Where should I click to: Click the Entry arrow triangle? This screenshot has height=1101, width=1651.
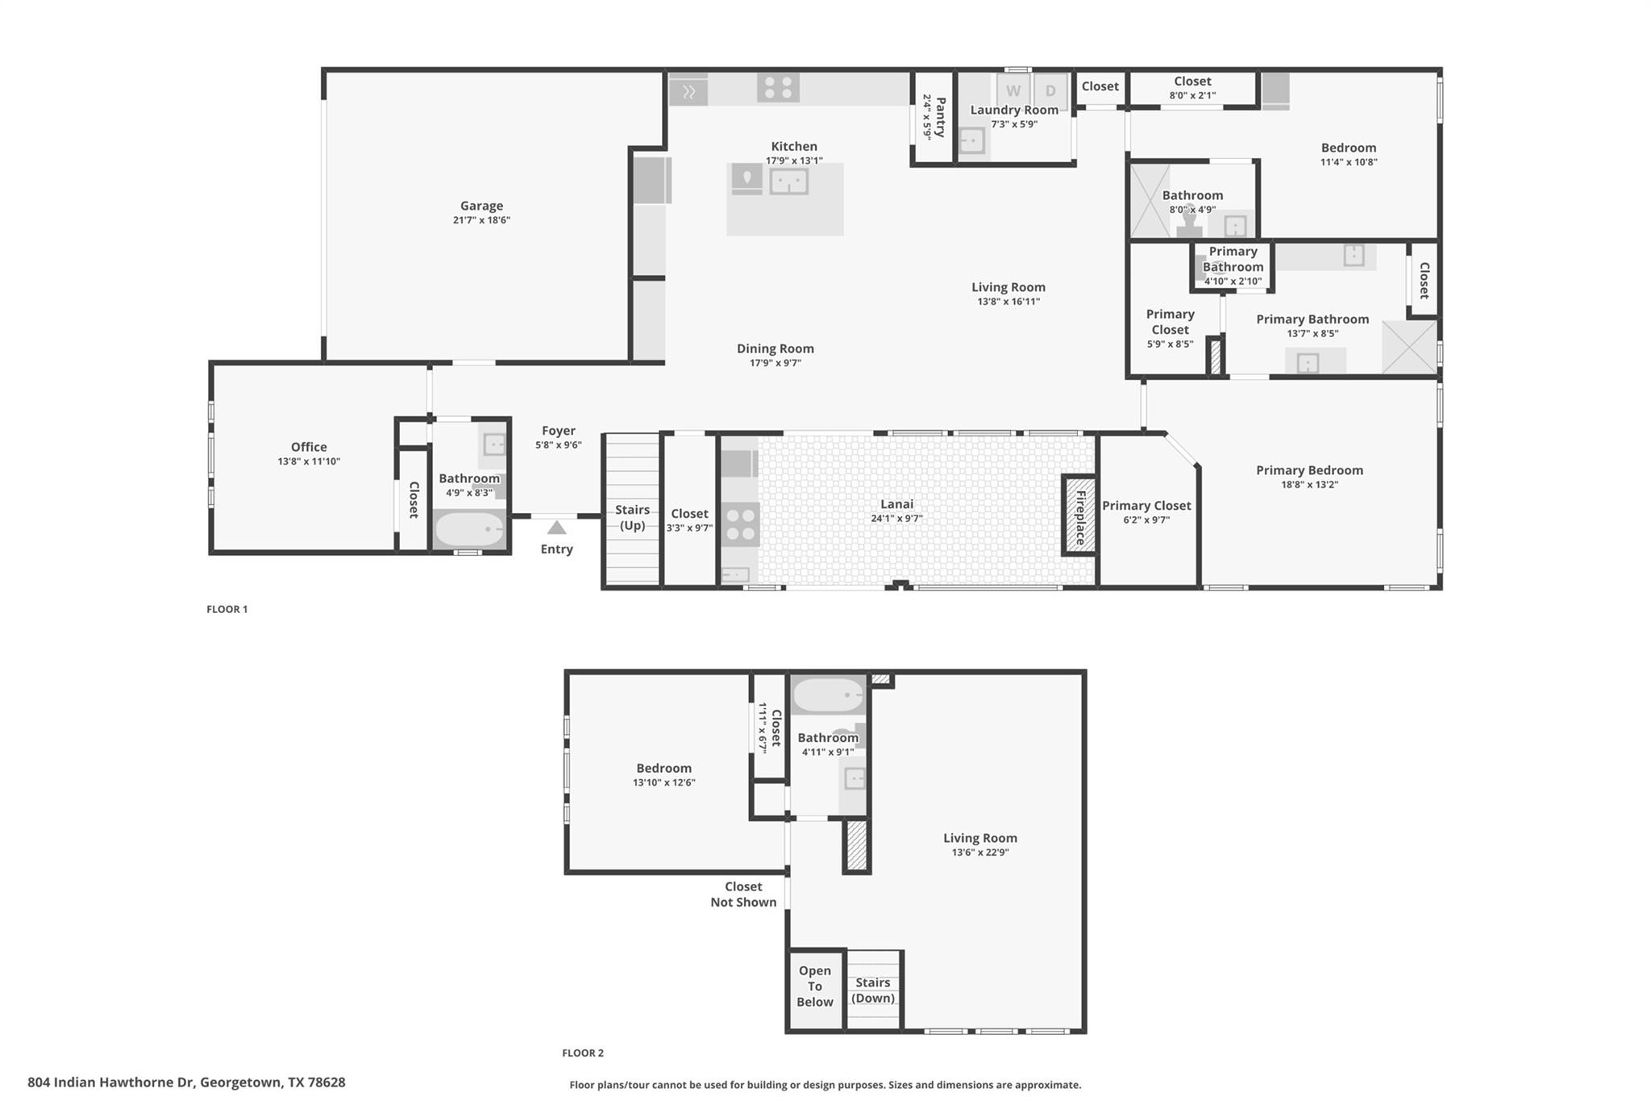click(x=556, y=528)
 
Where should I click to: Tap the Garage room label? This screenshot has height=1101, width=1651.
click(x=481, y=206)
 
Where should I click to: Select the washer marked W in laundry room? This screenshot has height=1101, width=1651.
click(x=1013, y=91)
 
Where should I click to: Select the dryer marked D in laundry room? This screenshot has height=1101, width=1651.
click(x=1050, y=91)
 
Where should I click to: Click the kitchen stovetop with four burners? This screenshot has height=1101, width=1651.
click(x=778, y=87)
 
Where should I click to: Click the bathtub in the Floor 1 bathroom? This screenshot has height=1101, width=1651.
click(x=469, y=530)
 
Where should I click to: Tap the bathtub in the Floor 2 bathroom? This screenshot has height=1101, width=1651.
click(x=828, y=694)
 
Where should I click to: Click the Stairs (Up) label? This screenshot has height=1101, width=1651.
click(x=632, y=517)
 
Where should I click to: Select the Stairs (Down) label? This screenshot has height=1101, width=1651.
click(x=873, y=990)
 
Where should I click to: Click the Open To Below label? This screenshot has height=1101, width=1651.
click(x=815, y=986)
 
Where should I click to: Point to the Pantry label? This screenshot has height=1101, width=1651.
click(x=940, y=117)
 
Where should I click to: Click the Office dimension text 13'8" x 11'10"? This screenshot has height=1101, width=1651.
click(x=309, y=461)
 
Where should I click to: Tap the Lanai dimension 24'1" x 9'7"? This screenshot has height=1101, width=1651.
click(x=896, y=519)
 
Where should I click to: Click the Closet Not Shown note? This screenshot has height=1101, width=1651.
click(x=743, y=894)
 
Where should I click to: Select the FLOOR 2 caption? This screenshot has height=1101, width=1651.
click(x=583, y=1053)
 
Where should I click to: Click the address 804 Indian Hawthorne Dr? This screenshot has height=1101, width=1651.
click(x=186, y=1082)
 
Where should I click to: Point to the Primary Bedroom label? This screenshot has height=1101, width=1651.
click(x=1309, y=470)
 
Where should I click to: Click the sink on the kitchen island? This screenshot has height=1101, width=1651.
click(x=788, y=181)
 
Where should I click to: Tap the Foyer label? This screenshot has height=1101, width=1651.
click(x=558, y=431)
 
